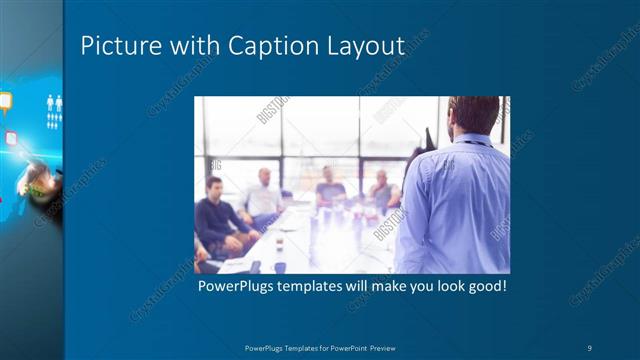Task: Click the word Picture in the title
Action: click(112, 46)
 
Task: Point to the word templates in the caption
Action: click(319, 286)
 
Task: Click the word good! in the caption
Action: click(484, 286)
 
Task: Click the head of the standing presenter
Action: click(473, 115)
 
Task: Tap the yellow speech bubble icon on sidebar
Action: click(6, 100)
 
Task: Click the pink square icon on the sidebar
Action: click(12, 138)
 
